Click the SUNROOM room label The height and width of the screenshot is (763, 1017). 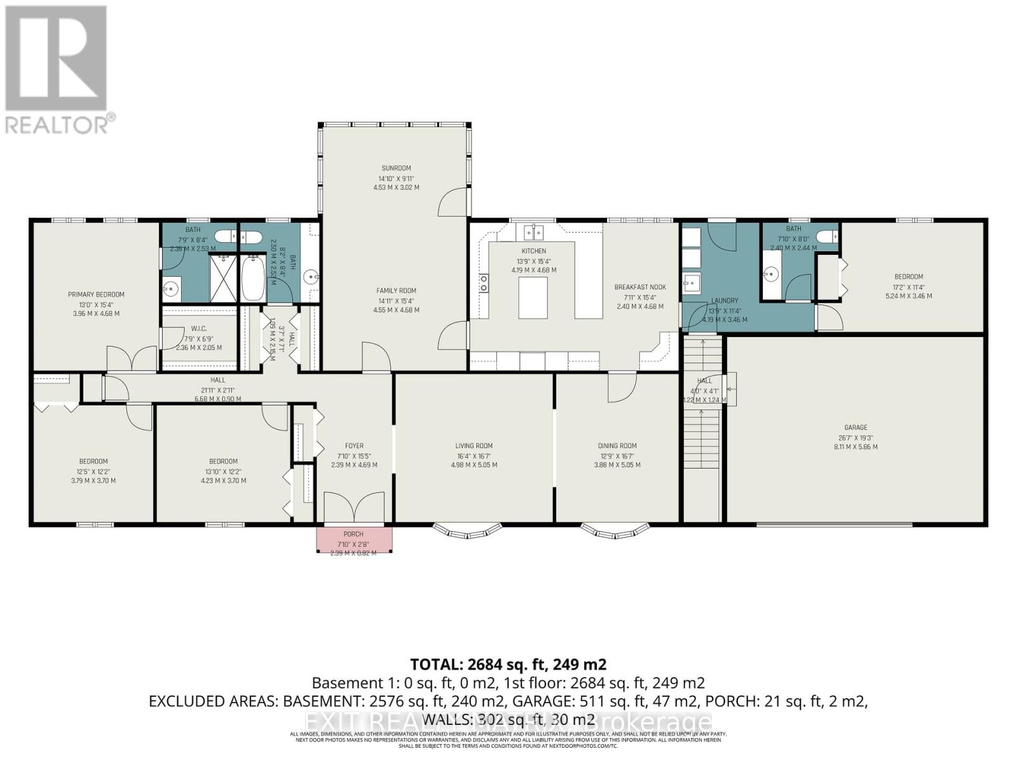pyautogui.click(x=396, y=168)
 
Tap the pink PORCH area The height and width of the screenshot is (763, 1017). pyautogui.click(x=354, y=539)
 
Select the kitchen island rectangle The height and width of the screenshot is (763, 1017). pyautogui.click(x=533, y=298)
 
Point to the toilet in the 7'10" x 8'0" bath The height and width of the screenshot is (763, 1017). pyautogui.click(x=827, y=237)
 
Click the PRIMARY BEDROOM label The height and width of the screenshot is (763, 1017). pyautogui.click(x=96, y=294)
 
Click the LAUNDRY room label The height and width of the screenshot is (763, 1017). pyautogui.click(x=725, y=301)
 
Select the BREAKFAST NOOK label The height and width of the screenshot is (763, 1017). pyautogui.click(x=639, y=287)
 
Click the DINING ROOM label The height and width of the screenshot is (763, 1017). pyautogui.click(x=617, y=446)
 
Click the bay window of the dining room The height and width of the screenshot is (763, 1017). pyautogui.click(x=615, y=529)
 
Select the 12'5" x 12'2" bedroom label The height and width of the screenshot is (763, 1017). pyautogui.click(x=93, y=462)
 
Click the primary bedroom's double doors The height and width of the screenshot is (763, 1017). pyautogui.click(x=132, y=359)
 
